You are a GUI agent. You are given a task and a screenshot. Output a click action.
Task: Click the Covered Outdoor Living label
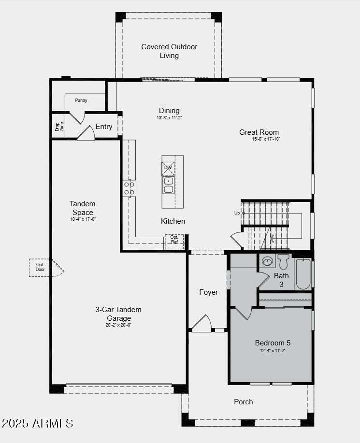click(x=169, y=51)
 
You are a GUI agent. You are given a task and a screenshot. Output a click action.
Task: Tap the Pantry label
click(x=81, y=100)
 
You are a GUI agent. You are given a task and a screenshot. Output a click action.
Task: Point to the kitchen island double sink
click(x=168, y=185)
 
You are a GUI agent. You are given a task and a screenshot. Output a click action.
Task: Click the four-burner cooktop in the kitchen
click(x=129, y=188)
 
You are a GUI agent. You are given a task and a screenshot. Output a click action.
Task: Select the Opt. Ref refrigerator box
click(x=174, y=240)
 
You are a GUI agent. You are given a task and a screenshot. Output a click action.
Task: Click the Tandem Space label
click(x=82, y=208)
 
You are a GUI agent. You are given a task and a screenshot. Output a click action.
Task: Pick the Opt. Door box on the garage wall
click(x=40, y=267)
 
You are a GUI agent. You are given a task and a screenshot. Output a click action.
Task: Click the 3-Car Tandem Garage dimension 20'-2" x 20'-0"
click(x=118, y=325)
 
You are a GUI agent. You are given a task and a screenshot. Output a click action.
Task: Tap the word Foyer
click(x=209, y=292)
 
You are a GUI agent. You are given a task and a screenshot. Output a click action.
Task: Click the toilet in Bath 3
click(x=283, y=261)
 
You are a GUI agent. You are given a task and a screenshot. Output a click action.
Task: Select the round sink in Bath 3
click(x=267, y=262)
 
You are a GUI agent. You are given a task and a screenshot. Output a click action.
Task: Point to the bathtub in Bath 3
click(x=303, y=274)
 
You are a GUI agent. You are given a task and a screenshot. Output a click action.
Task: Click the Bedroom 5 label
click(x=273, y=343)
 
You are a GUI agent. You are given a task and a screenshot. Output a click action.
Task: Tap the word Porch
click(x=244, y=402)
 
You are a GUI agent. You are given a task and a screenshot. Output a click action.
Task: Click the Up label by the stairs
click(x=237, y=213)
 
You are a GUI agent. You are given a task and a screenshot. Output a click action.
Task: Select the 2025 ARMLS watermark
click(x=37, y=424)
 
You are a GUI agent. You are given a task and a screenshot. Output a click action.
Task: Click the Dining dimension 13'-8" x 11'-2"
click(x=169, y=117)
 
